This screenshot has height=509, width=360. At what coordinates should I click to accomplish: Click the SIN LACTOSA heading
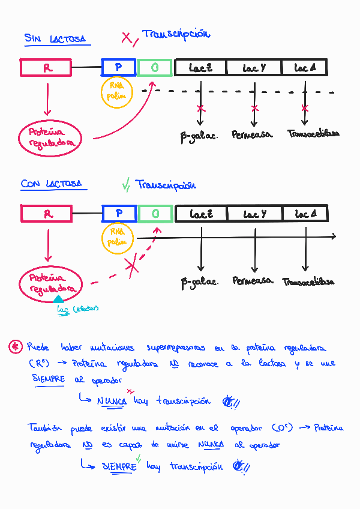pyautogui.click(x=55, y=39)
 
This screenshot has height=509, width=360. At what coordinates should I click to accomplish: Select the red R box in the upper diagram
pyautogui.click(x=47, y=67)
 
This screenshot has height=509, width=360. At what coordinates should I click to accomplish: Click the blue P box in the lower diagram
pyautogui.click(x=119, y=213)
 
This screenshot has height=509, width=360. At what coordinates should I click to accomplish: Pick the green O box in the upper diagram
pyautogui.click(x=155, y=67)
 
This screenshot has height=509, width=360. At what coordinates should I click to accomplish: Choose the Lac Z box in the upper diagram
pyautogui.click(x=200, y=67)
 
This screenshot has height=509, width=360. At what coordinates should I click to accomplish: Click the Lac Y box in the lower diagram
pyautogui.click(x=255, y=214)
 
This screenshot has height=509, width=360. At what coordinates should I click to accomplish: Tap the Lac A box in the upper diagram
pyautogui.click(x=304, y=67)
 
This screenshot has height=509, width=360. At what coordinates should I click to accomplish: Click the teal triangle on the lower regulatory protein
pyautogui.click(x=58, y=298)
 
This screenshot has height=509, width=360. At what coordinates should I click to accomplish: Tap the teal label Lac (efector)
pyautogui.click(x=77, y=309)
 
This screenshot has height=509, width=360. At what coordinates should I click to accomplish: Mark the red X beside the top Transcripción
pyautogui.click(x=127, y=39)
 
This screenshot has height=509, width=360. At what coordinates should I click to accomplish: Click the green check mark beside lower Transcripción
pyautogui.click(x=126, y=185)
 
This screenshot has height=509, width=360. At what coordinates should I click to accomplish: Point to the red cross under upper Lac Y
pyautogui.click(x=255, y=108)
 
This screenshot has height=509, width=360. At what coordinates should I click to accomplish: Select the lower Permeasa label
pyautogui.click(x=253, y=281)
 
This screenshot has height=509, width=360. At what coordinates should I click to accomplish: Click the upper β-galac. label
pyautogui.click(x=199, y=135)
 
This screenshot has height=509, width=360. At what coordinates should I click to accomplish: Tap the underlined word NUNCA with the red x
pyautogui.click(x=112, y=400)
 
